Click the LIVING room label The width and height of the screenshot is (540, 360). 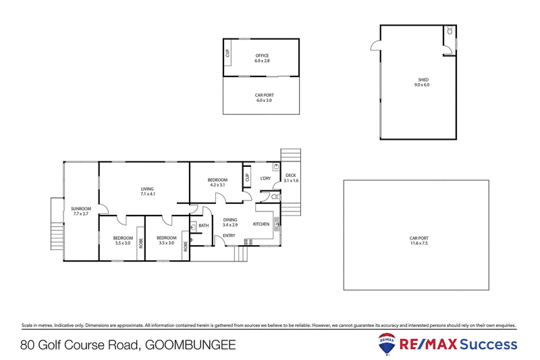pyautogui.click(x=148, y=188)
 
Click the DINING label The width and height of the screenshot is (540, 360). pyautogui.click(x=230, y=220)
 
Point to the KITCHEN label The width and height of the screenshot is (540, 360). pyautogui.click(x=261, y=224)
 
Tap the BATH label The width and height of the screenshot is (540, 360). pyautogui.click(x=203, y=226)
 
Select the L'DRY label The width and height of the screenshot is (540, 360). pyautogui.click(x=265, y=179)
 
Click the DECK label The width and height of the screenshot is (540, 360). pyautogui.click(x=291, y=175)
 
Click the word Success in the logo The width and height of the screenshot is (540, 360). pyautogui.click(x=489, y=344)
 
